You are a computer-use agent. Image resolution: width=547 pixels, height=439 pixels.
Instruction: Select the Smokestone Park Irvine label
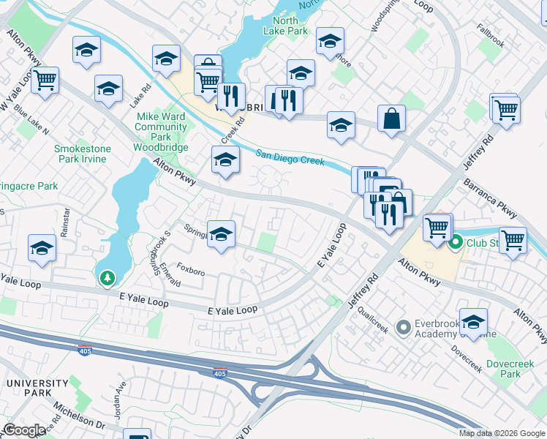pos(83,154)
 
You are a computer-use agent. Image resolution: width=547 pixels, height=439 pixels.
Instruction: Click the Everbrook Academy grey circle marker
pos(402,327)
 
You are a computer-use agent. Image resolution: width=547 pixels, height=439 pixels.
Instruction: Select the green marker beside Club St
pos(456,242)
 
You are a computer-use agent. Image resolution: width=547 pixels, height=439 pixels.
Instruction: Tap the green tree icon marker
pos(107,278)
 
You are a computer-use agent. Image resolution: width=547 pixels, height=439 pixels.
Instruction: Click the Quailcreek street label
pos(373,319)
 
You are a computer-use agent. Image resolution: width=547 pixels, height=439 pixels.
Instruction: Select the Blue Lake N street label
pos(31,121)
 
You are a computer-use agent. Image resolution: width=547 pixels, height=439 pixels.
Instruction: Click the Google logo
pos(24,430)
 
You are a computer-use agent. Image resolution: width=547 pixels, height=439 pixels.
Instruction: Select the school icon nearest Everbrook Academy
pos(473,322)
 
